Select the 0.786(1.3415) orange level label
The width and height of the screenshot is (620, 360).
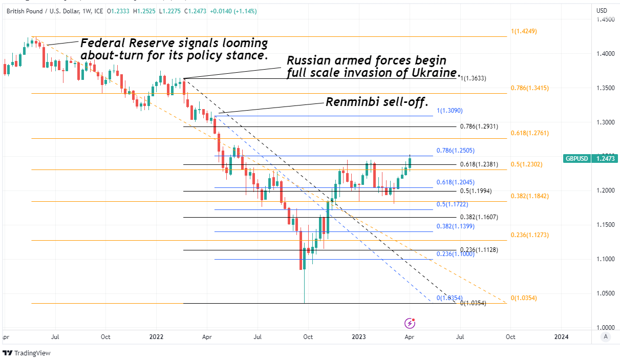[x=529, y=88]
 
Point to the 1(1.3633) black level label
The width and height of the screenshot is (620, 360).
[x=473, y=79]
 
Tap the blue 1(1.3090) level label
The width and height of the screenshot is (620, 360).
[x=450, y=111]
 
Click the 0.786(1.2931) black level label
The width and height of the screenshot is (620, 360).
[x=479, y=126]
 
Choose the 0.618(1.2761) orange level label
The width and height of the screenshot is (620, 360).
[x=529, y=133]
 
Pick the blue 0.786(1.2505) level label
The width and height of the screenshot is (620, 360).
[x=455, y=151]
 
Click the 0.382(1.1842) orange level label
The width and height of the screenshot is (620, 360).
[x=529, y=196]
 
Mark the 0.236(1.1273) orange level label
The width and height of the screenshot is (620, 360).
[x=529, y=235]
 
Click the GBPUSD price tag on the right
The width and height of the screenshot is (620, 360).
[x=590, y=159]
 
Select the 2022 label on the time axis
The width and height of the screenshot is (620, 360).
[x=156, y=337]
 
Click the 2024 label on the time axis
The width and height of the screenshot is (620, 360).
[x=561, y=337]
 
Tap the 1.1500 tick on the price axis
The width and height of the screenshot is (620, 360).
[x=606, y=225]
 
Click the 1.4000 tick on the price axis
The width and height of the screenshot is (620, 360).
[x=606, y=54]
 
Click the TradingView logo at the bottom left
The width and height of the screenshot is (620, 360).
[x=29, y=353]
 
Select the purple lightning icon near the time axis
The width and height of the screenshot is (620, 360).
[x=410, y=323]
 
